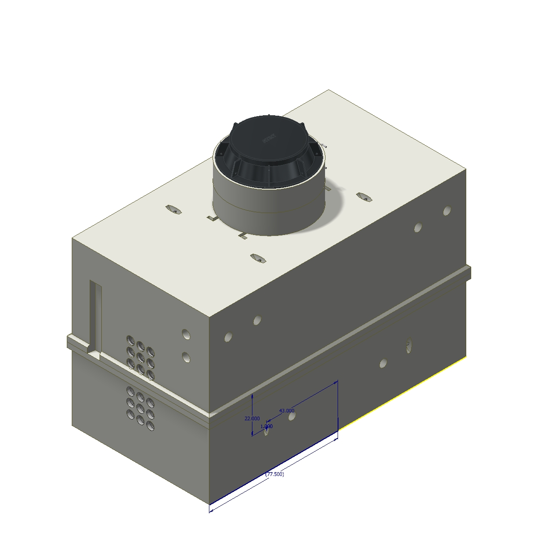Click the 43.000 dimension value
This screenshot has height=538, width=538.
(x=286, y=410)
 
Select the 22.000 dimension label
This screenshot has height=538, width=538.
(x=252, y=418)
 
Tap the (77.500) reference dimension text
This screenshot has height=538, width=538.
(x=274, y=474)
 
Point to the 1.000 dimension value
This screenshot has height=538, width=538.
(x=266, y=426)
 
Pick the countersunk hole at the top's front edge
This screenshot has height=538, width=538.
(x=257, y=258)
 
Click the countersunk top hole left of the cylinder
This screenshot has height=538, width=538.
(x=173, y=209)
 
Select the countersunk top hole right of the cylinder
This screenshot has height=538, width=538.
(x=364, y=196)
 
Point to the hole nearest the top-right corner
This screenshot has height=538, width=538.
(x=447, y=211)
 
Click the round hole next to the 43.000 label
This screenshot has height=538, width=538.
(x=292, y=416)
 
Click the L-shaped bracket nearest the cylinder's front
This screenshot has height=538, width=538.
(x=243, y=235)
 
